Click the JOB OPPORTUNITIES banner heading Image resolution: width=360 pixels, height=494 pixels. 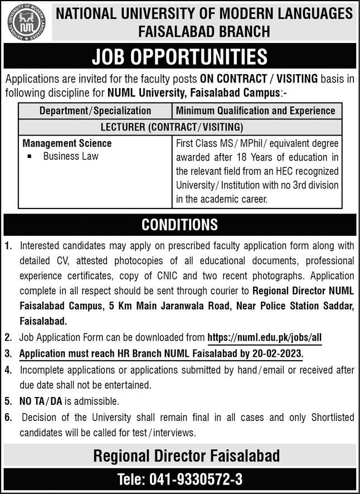pyautogui.click(x=180, y=57)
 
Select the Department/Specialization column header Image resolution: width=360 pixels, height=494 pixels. pyautogui.click(x=95, y=110)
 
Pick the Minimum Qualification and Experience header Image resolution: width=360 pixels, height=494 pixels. pyautogui.click(x=256, y=110)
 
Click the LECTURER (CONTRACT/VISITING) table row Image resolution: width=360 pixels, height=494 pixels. pyautogui.click(x=179, y=127)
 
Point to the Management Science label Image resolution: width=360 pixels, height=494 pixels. pyautogui.click(x=67, y=143)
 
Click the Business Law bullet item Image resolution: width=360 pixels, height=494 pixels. pyautogui.click(x=70, y=156)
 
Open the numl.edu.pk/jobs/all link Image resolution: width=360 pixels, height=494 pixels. pyautogui.click(x=264, y=337)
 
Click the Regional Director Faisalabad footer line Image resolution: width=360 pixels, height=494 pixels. pyautogui.click(x=186, y=457)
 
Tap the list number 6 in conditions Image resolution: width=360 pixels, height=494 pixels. pyautogui.click(x=8, y=417)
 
